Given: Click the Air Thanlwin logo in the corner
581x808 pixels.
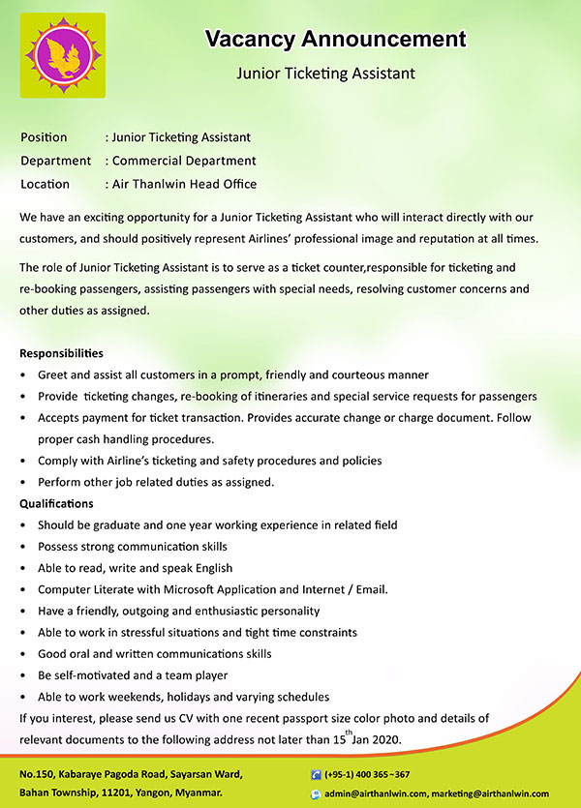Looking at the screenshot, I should point(63,55).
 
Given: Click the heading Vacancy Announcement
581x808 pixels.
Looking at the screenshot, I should point(335,40).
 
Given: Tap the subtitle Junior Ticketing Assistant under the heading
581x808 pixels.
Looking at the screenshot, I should point(325,73).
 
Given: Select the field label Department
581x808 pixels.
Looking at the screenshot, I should point(55,161).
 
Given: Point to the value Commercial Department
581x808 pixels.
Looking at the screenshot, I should point(184,161).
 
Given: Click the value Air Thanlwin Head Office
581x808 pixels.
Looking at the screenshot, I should point(184,184).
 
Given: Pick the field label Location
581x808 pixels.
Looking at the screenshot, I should point(45,184).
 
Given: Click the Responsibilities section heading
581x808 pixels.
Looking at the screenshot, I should point(61,353).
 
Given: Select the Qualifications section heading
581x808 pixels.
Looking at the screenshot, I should point(56,503).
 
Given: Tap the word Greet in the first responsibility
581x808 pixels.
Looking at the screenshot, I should point(53,374).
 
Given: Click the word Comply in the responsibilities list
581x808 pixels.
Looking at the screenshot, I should point(58,461).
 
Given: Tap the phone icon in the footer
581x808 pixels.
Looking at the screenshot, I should point(316,775).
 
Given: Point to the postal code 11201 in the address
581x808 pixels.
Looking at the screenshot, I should point(118,793).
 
